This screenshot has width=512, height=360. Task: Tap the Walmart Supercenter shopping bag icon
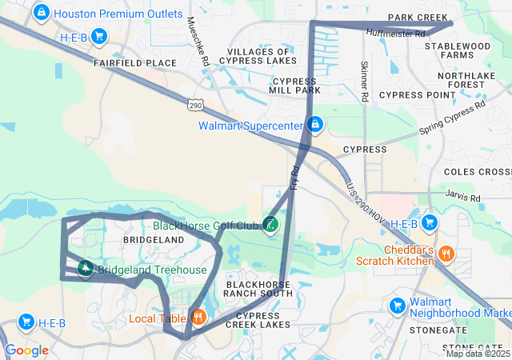pos(315,126)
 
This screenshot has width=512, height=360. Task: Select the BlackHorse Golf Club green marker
pos(270,226)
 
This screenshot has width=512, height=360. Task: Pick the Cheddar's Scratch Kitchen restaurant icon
pos(446,254)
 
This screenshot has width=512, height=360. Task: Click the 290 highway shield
pos(198,105)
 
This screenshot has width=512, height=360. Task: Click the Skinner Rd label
pos(364,81)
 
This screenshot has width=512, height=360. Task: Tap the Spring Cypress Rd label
pos(452,117)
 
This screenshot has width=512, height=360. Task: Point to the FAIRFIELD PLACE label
pos(134,62)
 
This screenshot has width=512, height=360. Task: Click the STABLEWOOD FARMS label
pos(457,51)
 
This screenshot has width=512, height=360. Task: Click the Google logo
pos(26,350)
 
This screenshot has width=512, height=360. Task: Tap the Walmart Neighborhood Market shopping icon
pos(398,306)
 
